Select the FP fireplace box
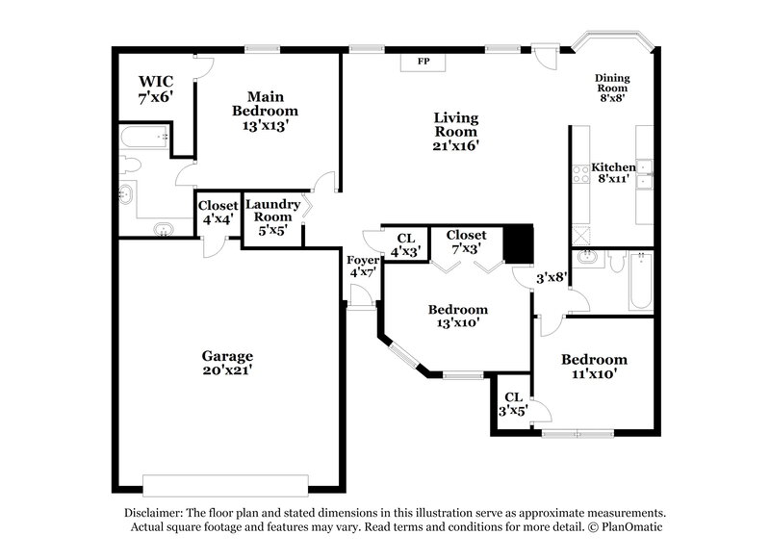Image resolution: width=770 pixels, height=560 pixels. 422,62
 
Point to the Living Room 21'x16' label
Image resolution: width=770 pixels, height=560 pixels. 455,131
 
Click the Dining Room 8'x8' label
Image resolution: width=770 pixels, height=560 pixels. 611,88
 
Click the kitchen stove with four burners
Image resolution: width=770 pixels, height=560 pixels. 581,174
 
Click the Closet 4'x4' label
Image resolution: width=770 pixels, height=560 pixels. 217,212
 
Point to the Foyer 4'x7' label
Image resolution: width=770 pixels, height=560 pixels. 361,265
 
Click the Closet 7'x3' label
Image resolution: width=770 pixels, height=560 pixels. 466,242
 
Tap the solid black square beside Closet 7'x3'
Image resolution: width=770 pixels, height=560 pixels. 519,243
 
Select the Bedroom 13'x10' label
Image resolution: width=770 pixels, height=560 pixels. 457,317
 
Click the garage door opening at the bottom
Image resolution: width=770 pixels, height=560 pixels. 225,482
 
